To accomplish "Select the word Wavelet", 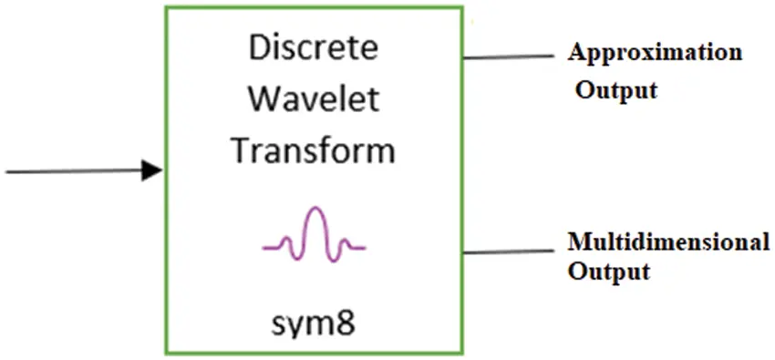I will (313, 99).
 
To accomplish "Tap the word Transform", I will (313, 149).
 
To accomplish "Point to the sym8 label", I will (313, 323).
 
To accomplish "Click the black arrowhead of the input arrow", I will (152, 170).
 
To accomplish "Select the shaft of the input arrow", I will (73, 170).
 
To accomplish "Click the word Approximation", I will (655, 52).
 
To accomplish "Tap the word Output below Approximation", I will (616, 91).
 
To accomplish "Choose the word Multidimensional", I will (668, 242).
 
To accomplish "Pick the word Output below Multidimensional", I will (609, 272).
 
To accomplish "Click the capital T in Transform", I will (239, 149).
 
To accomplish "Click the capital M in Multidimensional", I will (578, 242).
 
